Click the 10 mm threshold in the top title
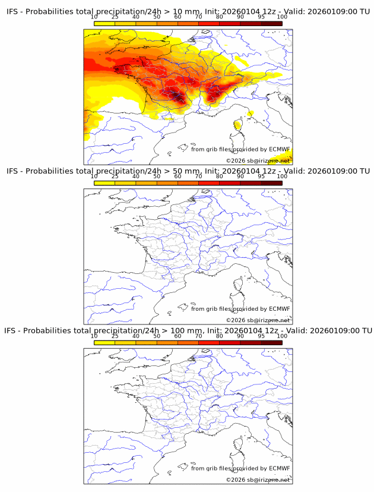pyautogui.click(x=185, y=12)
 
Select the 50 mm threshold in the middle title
pyautogui.click(x=185, y=171)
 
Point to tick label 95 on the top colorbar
pyautogui.click(x=261, y=17)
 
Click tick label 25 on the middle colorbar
pyautogui.click(x=115, y=176)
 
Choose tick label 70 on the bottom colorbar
pyautogui.click(x=198, y=336)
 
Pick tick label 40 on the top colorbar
pyautogui.click(x=136, y=17)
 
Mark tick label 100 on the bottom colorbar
pyautogui.click(x=282, y=336)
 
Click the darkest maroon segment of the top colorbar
pyautogui.click(x=271, y=23)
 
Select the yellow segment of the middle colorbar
pyautogui.click(x=104, y=183)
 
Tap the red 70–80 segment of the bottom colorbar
pyautogui.click(x=209, y=342)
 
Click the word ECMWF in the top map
pyautogui.click(x=280, y=149)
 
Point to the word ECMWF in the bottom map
pyautogui.click(x=280, y=468)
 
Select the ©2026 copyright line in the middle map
pyautogui.click(x=258, y=320)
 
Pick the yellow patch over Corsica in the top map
pyautogui.click(x=237, y=124)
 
